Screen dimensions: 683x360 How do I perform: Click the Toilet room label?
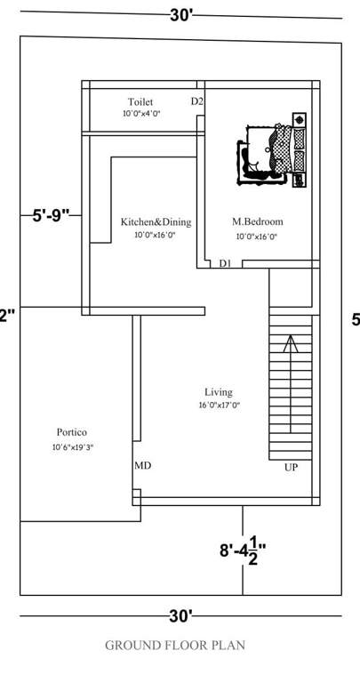tap(140, 102)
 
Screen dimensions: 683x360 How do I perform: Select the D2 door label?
tap(197, 102)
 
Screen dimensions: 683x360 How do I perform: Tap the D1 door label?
tap(226, 263)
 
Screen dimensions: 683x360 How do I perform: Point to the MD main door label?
tap(142, 465)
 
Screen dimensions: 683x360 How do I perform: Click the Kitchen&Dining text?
tap(156, 221)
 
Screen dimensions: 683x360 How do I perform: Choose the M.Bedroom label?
tap(258, 221)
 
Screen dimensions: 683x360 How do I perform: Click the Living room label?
tap(219, 391)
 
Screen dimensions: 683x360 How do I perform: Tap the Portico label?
tap(71, 432)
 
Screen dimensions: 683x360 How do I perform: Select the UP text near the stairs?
tap(291, 467)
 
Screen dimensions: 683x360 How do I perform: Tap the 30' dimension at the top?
tap(181, 14)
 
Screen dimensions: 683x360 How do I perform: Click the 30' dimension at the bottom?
tap(181, 615)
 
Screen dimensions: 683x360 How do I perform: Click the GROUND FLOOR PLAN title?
tap(175, 645)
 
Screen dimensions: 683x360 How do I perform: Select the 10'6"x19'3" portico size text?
tap(73, 447)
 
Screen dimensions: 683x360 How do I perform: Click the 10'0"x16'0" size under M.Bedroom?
tap(257, 237)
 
